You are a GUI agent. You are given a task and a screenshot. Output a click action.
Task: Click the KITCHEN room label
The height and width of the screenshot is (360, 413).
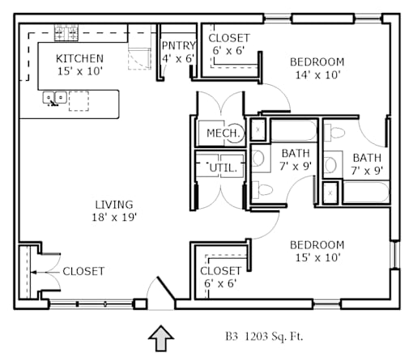point(79,58)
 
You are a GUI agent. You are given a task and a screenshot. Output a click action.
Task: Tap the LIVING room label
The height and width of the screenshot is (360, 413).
point(114,205)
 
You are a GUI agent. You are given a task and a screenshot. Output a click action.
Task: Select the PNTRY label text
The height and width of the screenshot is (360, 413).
point(178,45)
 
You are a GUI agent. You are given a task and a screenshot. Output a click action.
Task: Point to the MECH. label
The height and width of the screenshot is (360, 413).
point(224,133)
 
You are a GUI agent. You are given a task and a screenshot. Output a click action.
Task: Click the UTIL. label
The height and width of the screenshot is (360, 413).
point(224,168)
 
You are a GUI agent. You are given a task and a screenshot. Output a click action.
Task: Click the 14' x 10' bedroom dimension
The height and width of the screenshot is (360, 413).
point(317,75)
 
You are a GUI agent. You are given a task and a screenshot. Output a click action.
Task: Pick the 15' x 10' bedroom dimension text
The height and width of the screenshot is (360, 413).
point(317,258)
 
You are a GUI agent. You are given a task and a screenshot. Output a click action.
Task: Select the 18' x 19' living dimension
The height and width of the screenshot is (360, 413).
point(114,218)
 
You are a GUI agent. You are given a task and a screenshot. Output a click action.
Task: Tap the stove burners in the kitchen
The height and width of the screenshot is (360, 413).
point(66,32)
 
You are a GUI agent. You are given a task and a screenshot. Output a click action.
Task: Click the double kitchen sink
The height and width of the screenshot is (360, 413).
point(54,98)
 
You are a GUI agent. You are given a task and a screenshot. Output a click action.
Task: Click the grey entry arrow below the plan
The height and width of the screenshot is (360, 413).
point(161,338)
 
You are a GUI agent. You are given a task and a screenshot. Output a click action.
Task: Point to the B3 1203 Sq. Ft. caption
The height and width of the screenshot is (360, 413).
point(264,337)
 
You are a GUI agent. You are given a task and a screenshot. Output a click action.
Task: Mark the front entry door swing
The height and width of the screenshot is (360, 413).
point(161,293)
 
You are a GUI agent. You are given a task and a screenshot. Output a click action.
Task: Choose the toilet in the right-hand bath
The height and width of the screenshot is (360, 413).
point(334,133)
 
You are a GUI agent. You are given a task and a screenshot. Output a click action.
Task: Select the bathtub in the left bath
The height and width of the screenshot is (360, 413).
point(293,130)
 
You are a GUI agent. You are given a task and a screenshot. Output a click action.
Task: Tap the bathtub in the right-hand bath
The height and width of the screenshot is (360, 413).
point(366,192)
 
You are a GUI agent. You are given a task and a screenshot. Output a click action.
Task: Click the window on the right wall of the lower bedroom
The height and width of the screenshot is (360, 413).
point(395,255)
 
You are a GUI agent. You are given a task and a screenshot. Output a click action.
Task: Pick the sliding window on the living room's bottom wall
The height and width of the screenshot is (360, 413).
point(92,304)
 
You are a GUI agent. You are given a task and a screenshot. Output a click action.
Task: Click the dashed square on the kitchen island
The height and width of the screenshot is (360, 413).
point(79,101)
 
